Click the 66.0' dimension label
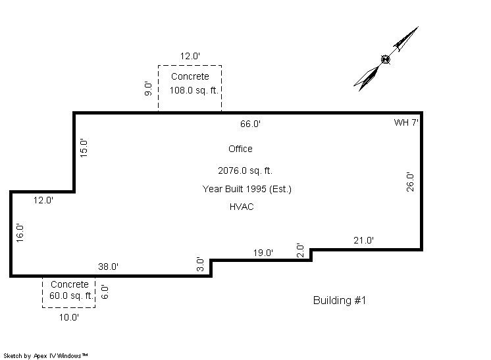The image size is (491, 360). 250,124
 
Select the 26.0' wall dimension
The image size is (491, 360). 410,182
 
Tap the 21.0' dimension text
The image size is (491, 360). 363,240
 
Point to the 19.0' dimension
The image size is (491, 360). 263,253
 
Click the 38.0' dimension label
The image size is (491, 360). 108,267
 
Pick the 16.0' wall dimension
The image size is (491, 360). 20,233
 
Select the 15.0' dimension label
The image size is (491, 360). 84,148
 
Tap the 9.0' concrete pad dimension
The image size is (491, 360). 148,89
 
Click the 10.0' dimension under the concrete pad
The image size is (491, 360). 69,317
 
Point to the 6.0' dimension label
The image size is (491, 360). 105,292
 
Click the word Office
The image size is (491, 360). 240,149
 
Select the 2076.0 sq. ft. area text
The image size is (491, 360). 245,170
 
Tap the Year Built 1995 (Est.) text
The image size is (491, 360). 247,189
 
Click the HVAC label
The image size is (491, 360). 242,207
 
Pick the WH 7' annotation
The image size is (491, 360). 406,122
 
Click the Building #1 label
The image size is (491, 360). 340,300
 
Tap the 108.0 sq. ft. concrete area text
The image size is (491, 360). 194,90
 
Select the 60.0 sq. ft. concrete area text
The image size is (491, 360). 72,296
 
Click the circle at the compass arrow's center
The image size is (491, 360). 386,59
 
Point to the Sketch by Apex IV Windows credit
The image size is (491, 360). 45,356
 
